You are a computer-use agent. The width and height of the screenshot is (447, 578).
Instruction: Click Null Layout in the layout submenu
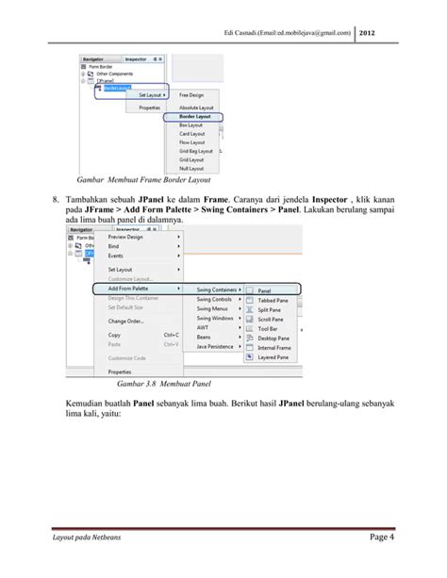click(x=194, y=167)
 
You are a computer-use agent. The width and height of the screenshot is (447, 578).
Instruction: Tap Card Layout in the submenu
click(x=194, y=132)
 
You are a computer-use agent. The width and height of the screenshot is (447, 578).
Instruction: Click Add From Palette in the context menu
click(x=133, y=288)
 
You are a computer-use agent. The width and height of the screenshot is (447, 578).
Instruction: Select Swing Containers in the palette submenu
click(x=217, y=289)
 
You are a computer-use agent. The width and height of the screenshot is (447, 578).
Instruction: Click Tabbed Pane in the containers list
click(x=273, y=301)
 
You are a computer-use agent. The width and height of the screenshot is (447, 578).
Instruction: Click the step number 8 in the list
click(x=58, y=200)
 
